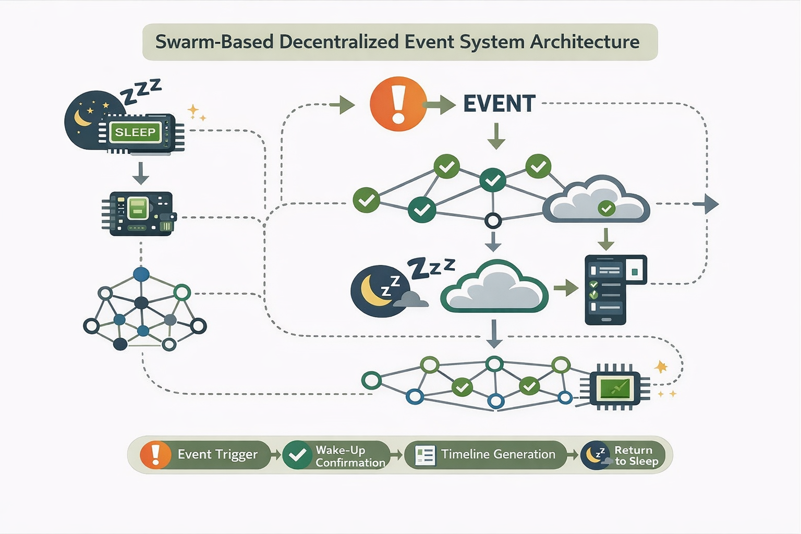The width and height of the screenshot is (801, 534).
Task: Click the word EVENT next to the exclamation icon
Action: click(x=499, y=104)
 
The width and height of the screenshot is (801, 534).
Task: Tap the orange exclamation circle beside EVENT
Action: click(x=398, y=104)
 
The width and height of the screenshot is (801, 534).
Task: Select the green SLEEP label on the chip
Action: click(x=135, y=132)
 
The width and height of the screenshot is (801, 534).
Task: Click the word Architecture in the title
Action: click(x=585, y=42)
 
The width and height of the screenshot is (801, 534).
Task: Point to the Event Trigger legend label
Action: click(x=217, y=455)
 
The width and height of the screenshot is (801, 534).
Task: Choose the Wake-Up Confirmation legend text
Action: click(x=350, y=456)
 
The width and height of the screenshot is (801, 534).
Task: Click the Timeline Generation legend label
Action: click(x=498, y=455)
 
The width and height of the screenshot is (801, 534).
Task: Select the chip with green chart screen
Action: click(x=615, y=388)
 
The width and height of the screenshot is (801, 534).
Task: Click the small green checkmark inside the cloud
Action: click(x=606, y=209)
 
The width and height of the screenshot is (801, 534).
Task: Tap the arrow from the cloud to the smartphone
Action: click(x=566, y=288)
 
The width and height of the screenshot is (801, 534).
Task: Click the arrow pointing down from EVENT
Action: click(x=496, y=136)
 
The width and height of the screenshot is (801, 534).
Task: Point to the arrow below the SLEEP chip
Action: click(x=140, y=173)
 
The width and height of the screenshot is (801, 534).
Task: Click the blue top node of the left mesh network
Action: click(x=141, y=274)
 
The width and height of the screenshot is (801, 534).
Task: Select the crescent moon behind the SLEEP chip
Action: click(x=82, y=118)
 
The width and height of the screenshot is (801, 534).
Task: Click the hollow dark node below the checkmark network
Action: click(x=493, y=221)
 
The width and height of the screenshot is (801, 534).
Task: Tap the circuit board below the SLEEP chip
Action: click(x=139, y=213)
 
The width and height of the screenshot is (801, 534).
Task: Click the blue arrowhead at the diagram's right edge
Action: click(x=711, y=203)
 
